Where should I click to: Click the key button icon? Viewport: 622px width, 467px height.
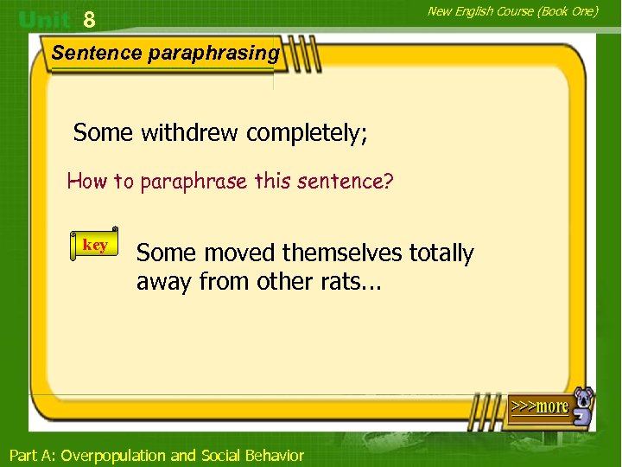coord(94,246)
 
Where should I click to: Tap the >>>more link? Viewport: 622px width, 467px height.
coord(540,406)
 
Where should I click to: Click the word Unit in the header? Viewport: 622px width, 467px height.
coord(45,19)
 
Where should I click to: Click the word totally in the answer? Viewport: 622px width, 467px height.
coord(441,253)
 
